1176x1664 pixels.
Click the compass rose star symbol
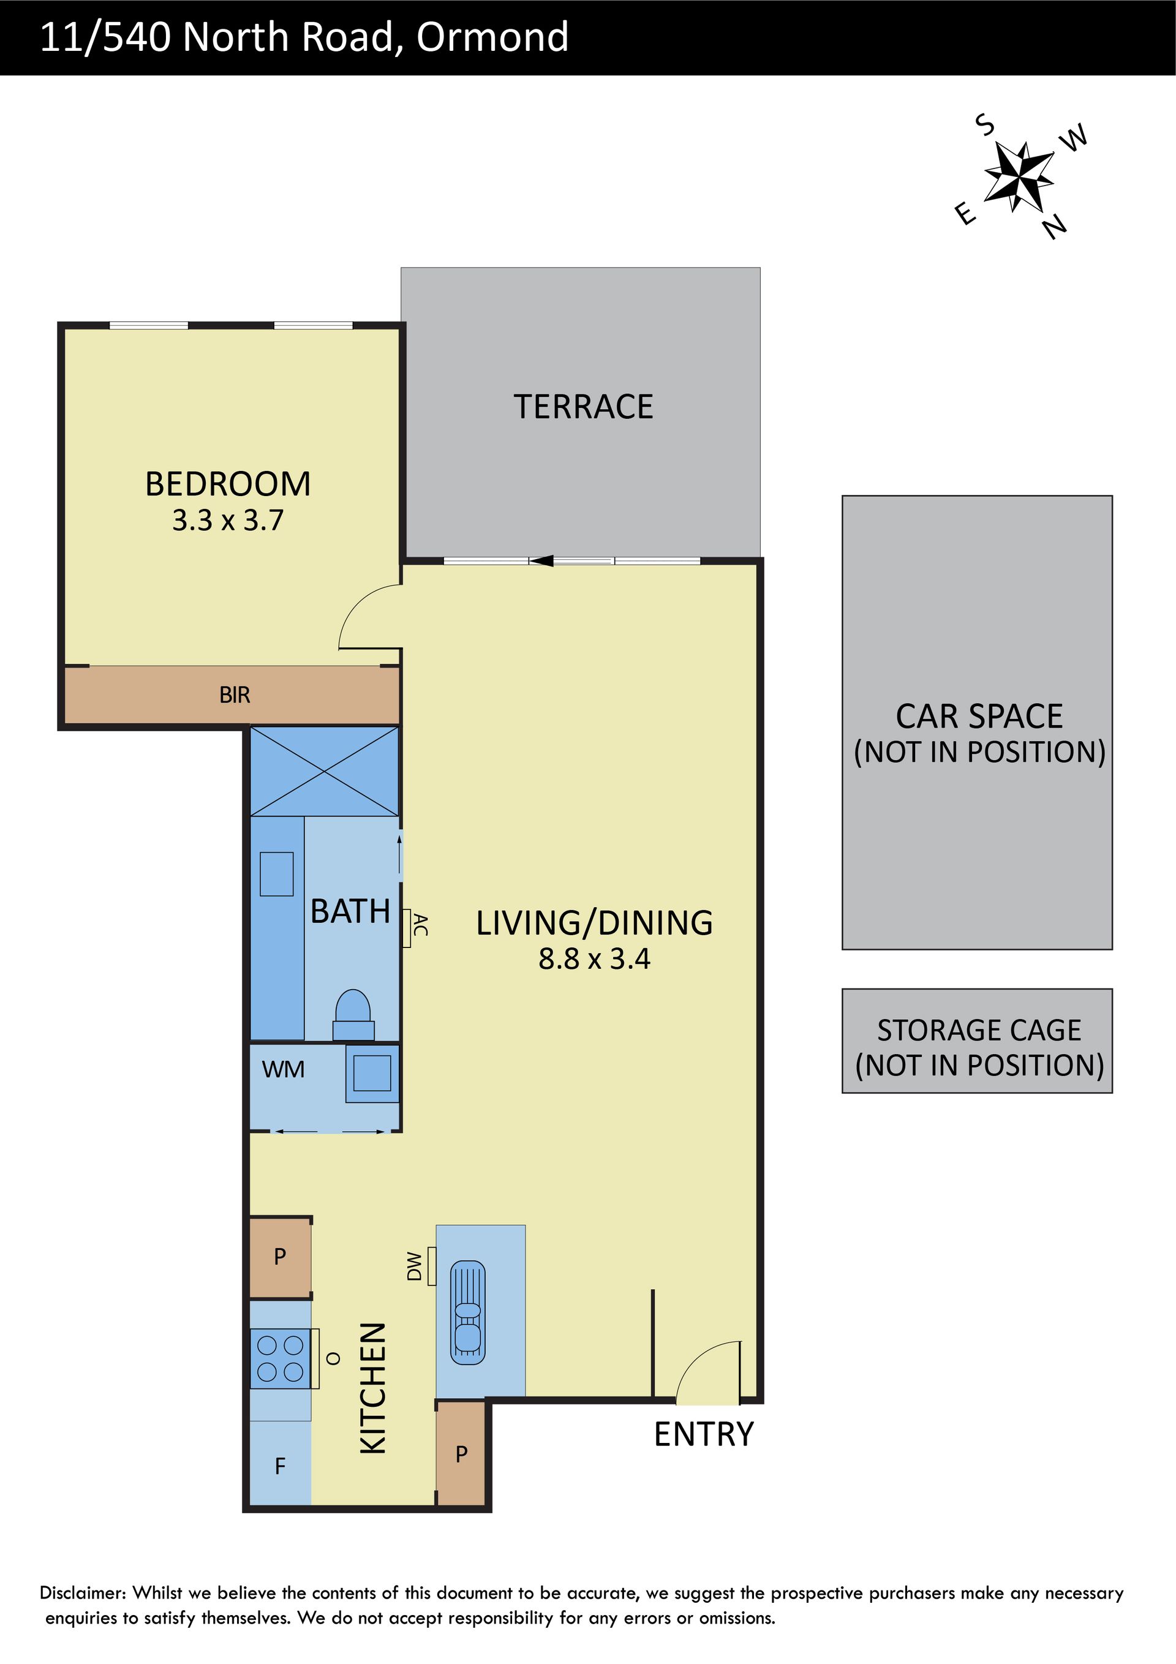coord(1018,177)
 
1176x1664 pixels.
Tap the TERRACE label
coord(584,407)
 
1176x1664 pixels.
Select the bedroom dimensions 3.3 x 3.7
coord(228,521)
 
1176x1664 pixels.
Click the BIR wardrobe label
coord(234,695)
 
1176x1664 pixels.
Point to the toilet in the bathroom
coord(353,1015)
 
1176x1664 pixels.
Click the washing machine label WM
coord(283,1070)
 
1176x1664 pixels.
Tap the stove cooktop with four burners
coord(280,1358)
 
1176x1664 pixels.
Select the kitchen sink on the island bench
coord(468,1312)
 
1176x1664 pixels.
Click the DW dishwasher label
coord(414,1266)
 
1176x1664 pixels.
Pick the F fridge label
coord(280,1466)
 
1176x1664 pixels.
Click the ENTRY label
coord(704,1434)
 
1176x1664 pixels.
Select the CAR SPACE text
coord(979,716)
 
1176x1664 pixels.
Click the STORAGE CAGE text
coord(979,1030)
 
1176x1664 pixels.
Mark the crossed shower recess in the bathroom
coord(324,771)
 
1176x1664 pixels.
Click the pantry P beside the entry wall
coord(461,1453)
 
